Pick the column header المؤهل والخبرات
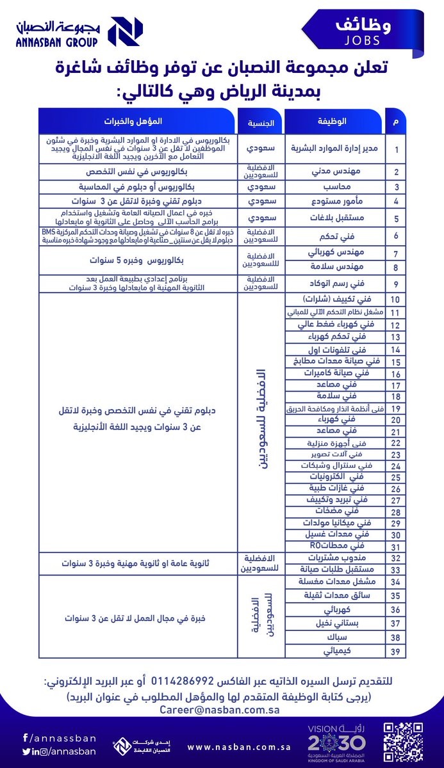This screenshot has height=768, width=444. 139,121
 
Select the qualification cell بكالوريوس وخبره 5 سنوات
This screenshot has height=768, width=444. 139,261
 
